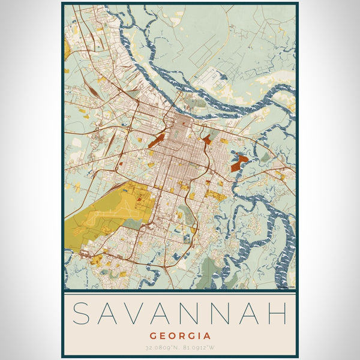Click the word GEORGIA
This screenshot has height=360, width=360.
click(180, 336)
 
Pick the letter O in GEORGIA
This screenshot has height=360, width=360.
click(172, 336)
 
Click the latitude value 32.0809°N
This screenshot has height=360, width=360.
click(160, 348)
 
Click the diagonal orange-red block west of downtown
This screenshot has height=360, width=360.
click(157, 142)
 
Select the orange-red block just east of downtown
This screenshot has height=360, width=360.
click(207, 139)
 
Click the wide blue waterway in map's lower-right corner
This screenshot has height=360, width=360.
click(282, 252)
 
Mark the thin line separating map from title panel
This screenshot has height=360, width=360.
click(180, 291)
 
